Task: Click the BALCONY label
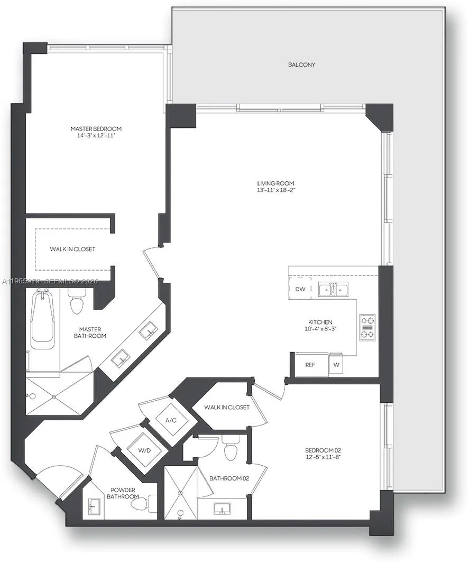point(301,64)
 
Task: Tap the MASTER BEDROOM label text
point(96,128)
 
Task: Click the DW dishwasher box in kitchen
point(300,289)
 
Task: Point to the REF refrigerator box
point(310,364)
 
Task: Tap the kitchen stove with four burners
point(367,327)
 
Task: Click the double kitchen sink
point(333,289)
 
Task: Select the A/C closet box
point(171,420)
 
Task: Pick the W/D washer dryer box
point(143,450)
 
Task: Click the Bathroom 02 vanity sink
point(223,509)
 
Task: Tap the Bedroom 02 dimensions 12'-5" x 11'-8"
point(319,457)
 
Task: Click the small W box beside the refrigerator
point(337,364)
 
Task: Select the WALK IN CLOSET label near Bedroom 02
point(227,407)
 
